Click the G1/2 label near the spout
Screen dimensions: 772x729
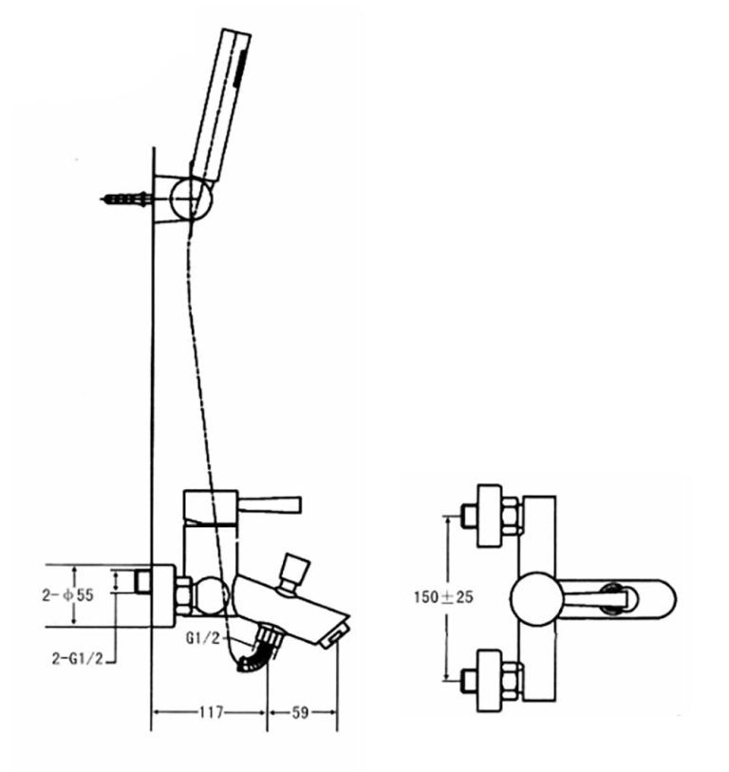pyautogui.click(x=204, y=637)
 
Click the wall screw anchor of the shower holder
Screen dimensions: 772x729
pyautogui.click(x=124, y=198)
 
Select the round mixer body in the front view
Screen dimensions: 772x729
pyautogui.click(x=537, y=598)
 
